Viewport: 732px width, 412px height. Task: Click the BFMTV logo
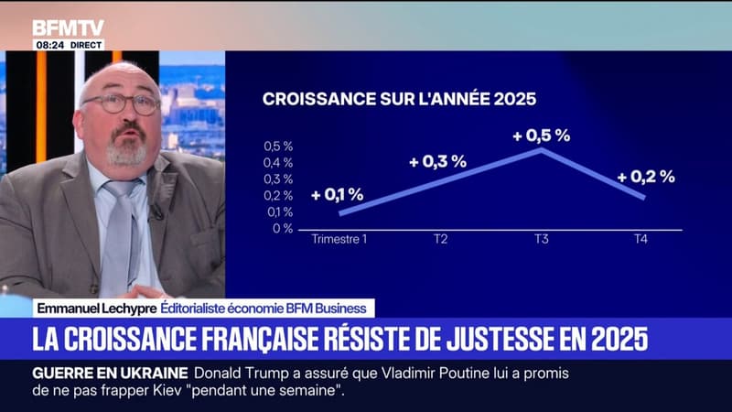click(68, 28)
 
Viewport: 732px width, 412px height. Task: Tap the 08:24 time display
click(48, 44)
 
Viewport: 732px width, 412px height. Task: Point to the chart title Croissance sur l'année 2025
click(399, 99)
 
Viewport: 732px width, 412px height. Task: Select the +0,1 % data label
click(337, 194)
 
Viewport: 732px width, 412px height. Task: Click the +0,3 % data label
click(437, 161)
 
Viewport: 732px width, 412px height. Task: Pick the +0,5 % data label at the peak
click(541, 135)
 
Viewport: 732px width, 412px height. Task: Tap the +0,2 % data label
click(645, 177)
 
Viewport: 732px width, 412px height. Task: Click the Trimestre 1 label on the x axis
click(339, 240)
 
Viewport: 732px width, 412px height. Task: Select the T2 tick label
click(440, 240)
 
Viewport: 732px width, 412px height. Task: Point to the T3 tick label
click(543, 240)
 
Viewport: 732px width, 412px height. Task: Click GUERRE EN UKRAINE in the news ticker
click(110, 372)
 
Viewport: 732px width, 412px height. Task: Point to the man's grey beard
click(126, 151)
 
